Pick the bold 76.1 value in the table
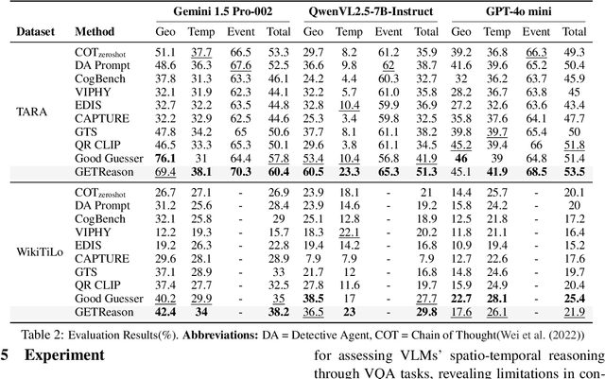(168, 158)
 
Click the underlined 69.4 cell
(168, 172)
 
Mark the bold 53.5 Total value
(574, 172)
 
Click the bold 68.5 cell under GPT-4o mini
(536, 172)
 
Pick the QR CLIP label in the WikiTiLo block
(97, 284)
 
